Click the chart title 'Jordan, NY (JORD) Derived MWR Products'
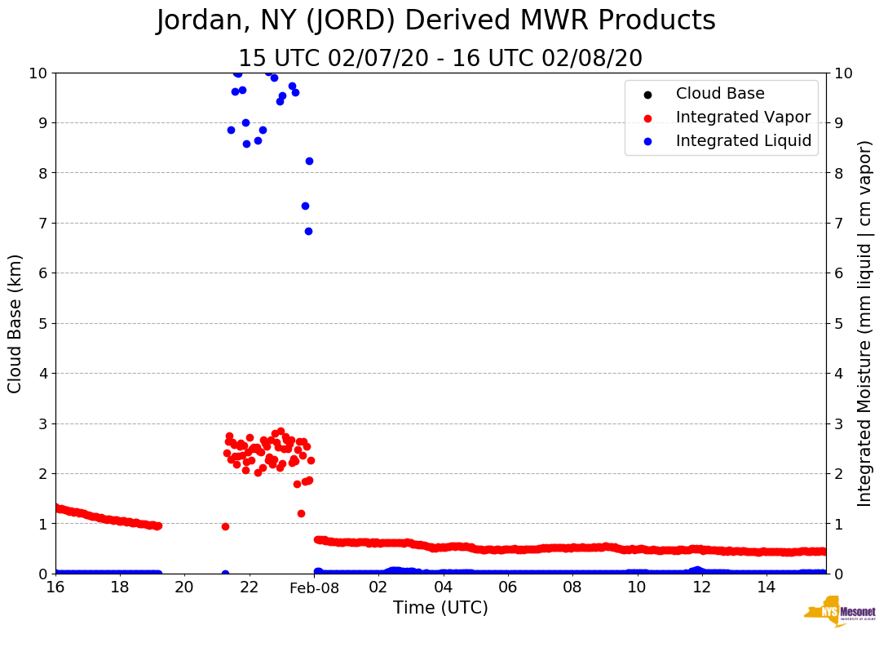(435, 21)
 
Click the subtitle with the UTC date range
(440, 59)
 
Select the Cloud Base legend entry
(720, 94)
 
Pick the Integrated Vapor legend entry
(743, 117)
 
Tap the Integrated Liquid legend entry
(744, 141)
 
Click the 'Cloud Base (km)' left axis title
(15, 323)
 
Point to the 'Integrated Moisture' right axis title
(864, 323)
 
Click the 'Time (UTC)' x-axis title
(440, 608)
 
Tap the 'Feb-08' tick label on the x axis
(313, 587)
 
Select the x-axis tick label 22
(249, 587)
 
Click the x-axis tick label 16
(55, 587)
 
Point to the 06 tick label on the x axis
(507, 587)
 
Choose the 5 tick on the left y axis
(43, 323)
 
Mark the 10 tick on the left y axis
(39, 73)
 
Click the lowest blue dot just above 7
(308, 231)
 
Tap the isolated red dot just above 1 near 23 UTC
(301, 513)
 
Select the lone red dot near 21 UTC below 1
(225, 526)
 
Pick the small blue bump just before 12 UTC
(696, 570)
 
